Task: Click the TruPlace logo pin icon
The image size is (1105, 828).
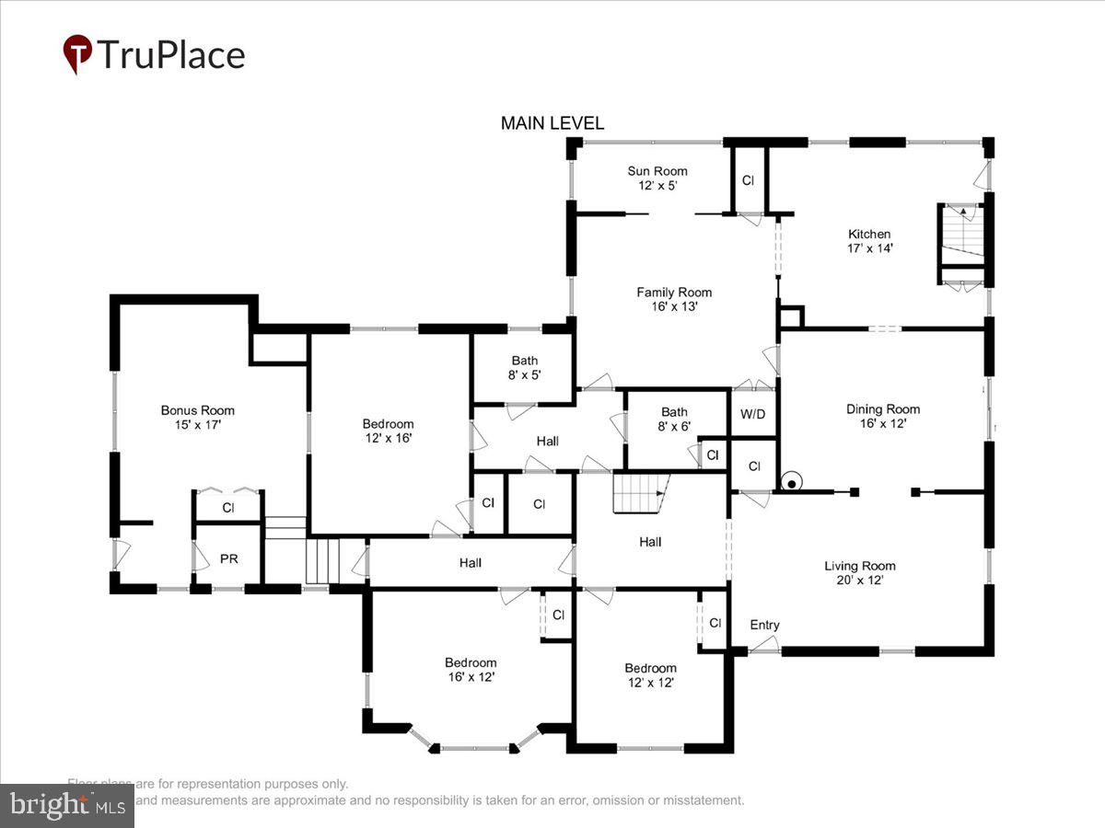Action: click(77, 54)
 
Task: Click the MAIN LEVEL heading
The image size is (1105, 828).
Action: click(552, 123)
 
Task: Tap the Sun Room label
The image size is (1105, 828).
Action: click(657, 178)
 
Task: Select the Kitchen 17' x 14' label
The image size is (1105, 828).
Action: click(869, 241)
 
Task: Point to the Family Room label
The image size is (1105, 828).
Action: click(674, 299)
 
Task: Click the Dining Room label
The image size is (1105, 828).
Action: click(883, 416)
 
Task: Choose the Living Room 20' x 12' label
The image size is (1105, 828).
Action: click(860, 572)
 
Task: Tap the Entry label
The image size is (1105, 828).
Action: click(764, 625)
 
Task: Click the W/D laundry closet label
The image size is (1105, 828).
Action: click(752, 414)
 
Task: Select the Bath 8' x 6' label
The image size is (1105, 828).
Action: click(674, 419)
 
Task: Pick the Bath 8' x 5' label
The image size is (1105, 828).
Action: click(524, 367)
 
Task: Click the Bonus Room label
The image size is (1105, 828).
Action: click(197, 418)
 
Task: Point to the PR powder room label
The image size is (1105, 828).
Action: click(228, 558)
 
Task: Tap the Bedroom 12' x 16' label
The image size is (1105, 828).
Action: click(388, 431)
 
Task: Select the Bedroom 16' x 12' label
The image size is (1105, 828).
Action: click(471, 669)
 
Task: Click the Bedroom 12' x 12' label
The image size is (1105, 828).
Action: click(650, 674)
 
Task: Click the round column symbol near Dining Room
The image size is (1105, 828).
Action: click(790, 481)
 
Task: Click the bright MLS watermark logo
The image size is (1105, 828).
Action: click(66, 806)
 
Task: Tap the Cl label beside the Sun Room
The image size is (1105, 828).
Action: click(748, 181)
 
